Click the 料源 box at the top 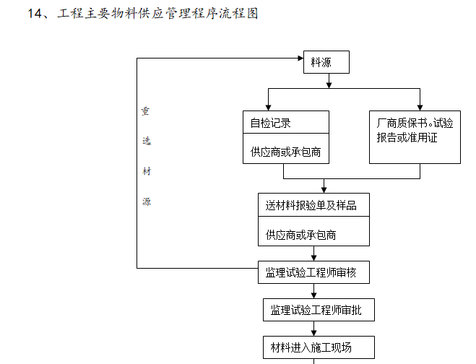325,62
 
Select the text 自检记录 270,123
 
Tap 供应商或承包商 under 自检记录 285,152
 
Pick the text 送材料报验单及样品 311,205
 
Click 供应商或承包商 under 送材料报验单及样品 300,235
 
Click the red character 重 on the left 145,112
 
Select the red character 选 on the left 146,142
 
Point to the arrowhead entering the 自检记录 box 268,106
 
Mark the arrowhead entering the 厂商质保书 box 420,106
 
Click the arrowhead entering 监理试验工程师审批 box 313,295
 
